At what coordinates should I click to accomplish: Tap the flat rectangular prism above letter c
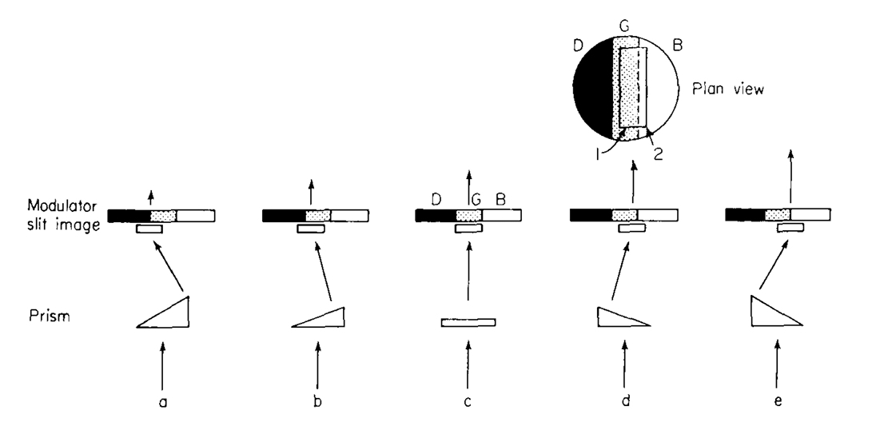point(468,322)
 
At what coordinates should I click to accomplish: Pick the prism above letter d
point(617,318)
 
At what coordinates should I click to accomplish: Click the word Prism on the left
point(50,316)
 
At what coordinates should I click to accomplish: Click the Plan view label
point(727,90)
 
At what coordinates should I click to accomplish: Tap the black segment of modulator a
point(129,216)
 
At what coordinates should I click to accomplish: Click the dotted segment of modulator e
point(778,215)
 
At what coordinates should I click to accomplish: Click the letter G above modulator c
point(476,201)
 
